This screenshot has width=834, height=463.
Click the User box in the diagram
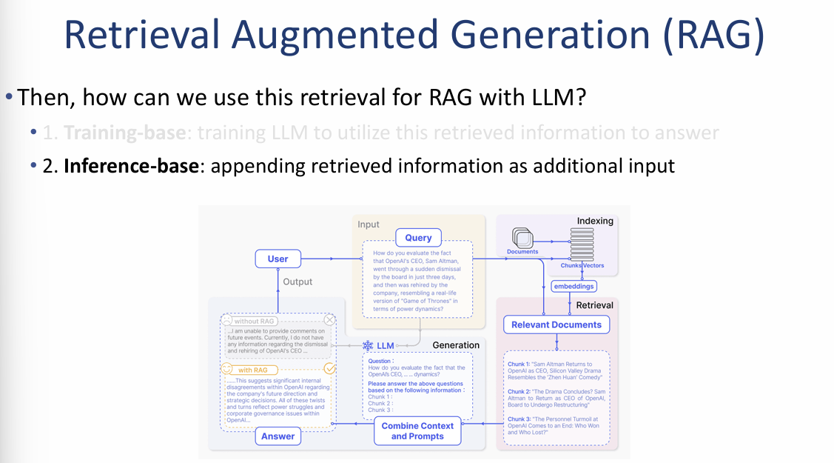point(278,259)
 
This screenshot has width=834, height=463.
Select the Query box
point(418,238)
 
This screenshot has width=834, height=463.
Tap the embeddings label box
point(574,286)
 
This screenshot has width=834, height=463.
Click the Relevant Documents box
point(556,324)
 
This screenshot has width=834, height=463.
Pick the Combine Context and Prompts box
point(417,431)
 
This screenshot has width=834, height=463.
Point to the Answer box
point(278,436)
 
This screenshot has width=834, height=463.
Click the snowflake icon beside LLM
point(368,346)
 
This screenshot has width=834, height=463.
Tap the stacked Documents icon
point(522,239)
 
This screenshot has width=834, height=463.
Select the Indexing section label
point(595,221)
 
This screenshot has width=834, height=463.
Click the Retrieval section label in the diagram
point(594,305)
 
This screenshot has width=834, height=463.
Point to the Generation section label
point(456,345)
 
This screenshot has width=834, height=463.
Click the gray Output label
point(297,282)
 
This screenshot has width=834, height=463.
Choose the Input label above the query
point(369,224)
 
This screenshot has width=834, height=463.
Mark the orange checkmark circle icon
point(330,368)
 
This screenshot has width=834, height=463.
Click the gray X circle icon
point(330,321)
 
